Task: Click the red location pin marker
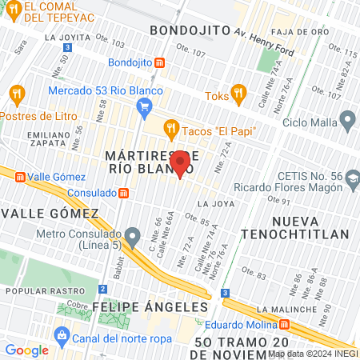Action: pyautogui.click(x=181, y=163)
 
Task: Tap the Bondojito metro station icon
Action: pyautogui.click(x=161, y=62)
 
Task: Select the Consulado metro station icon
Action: pyautogui.click(x=123, y=193)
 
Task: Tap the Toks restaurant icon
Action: pyautogui.click(x=237, y=92)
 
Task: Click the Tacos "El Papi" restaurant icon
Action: pyautogui.click(x=170, y=126)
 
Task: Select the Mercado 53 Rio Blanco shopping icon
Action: pyautogui.click(x=144, y=106)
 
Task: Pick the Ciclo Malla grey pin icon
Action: pyautogui.click(x=346, y=122)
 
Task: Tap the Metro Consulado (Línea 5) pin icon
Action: pyautogui.click(x=133, y=236)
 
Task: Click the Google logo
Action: pyautogui.click(x=26, y=350)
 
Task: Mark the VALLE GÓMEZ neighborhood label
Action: pyautogui.click(x=50, y=214)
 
